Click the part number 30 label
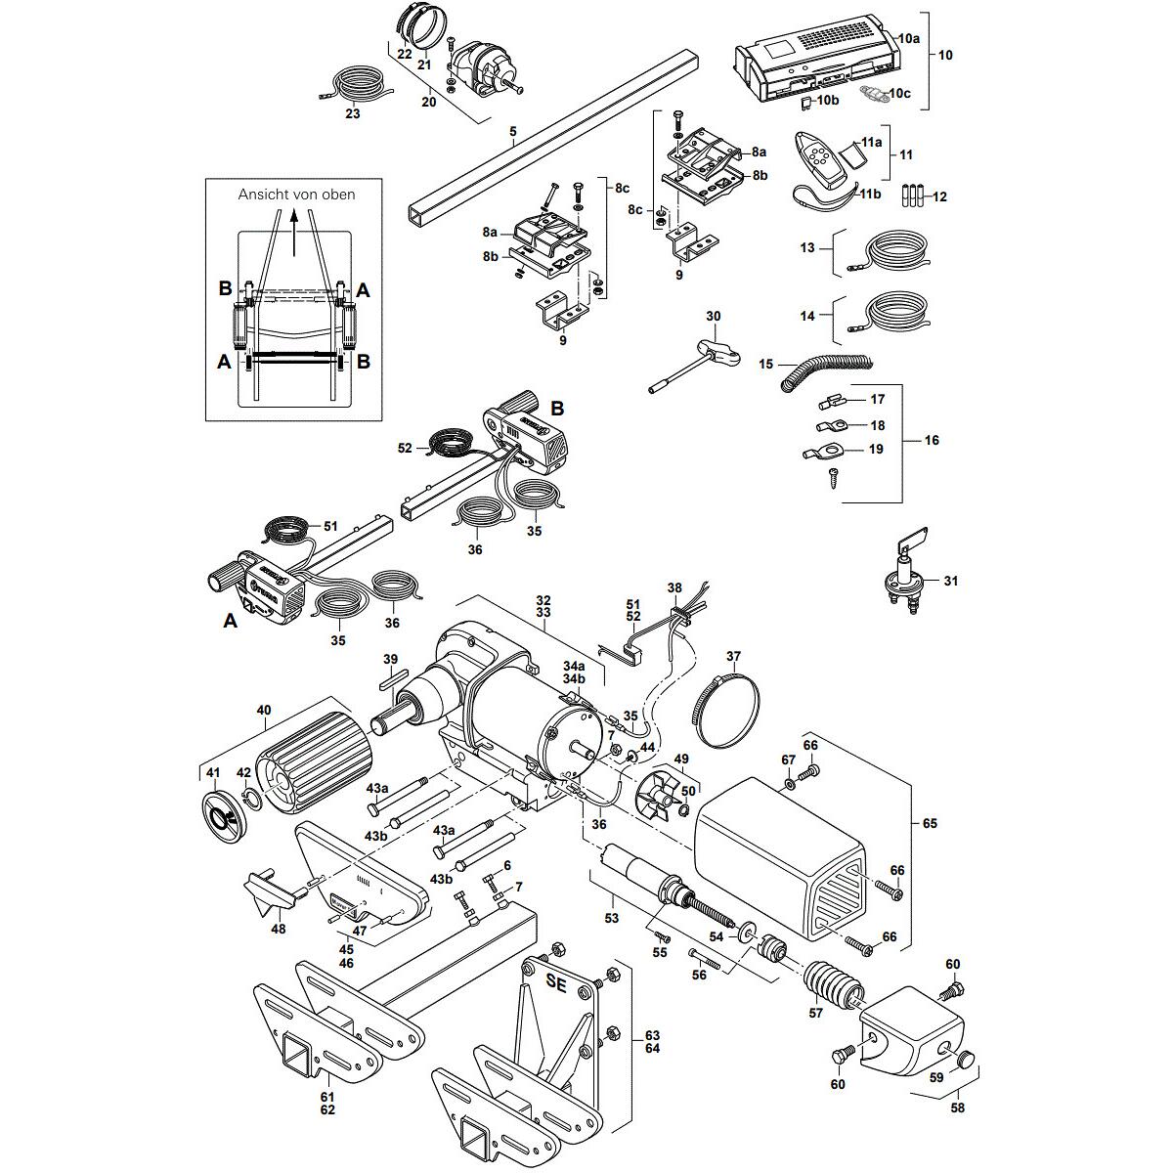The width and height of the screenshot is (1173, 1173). coord(713,317)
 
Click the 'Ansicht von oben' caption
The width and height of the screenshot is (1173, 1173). coord(296,195)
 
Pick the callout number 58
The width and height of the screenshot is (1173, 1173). coord(957,1108)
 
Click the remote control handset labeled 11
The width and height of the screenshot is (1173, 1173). coord(820,160)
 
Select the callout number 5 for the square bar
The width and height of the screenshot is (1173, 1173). coord(512,130)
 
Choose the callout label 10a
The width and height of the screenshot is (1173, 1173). coord(909,38)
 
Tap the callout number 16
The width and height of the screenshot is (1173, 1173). coord(931,441)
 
